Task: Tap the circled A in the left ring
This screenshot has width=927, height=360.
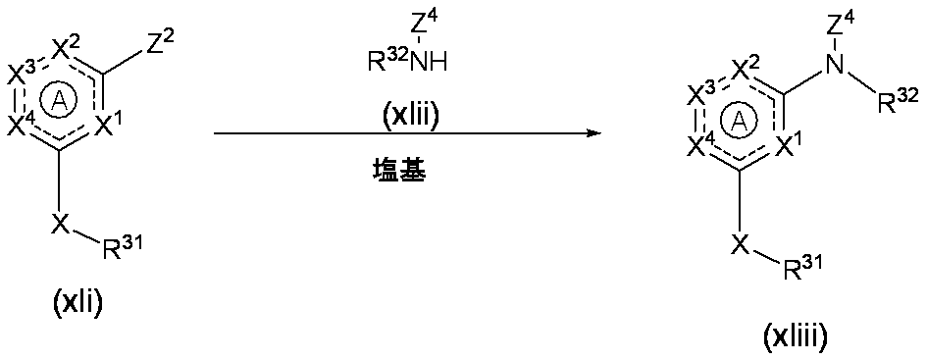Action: (62, 99)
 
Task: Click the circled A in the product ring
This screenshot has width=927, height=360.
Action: (739, 122)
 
